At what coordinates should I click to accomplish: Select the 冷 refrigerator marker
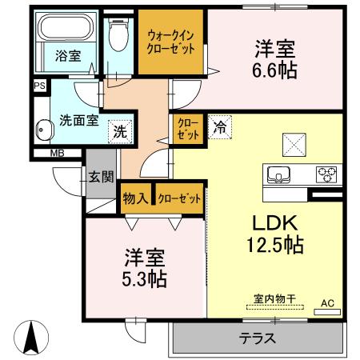pos(219,126)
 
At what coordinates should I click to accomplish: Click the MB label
pos(58,153)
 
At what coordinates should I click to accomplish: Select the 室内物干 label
pos(275,298)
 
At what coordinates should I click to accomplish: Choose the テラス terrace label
pos(258,338)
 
